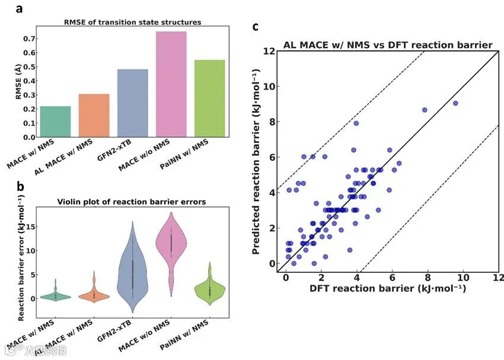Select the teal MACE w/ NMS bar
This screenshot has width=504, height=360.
pyautogui.click(x=55, y=122)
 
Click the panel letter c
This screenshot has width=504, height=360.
pyautogui.click(x=255, y=27)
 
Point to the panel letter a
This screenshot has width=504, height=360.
pyautogui.click(x=20, y=9)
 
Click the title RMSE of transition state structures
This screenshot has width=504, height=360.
pyautogui.click(x=132, y=22)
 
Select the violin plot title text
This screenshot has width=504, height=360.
pyautogui.click(x=132, y=202)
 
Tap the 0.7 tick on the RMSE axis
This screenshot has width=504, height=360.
pyautogui.click(x=27, y=39)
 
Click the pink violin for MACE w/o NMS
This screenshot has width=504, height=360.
pyautogui.click(x=170, y=243)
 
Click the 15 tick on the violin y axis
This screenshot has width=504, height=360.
pyautogui.click(x=28, y=226)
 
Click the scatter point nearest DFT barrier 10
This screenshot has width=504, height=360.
pyautogui.click(x=455, y=103)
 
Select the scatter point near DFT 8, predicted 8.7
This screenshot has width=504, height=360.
pyautogui.click(x=425, y=110)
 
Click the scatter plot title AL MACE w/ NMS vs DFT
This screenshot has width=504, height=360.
pyautogui.click(x=388, y=45)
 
